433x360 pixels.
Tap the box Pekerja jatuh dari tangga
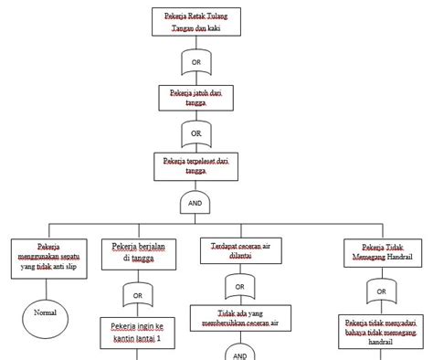tap(195, 98)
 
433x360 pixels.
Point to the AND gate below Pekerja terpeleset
tap(195, 203)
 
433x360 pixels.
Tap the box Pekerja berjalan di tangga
tap(137, 252)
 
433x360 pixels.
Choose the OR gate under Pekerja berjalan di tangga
tap(137, 295)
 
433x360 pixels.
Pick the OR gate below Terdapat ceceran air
tap(239, 287)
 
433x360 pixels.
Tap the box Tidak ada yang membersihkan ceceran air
tap(239, 317)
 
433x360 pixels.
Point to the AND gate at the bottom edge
tap(239, 355)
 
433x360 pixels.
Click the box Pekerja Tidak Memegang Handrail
tap(377, 252)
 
